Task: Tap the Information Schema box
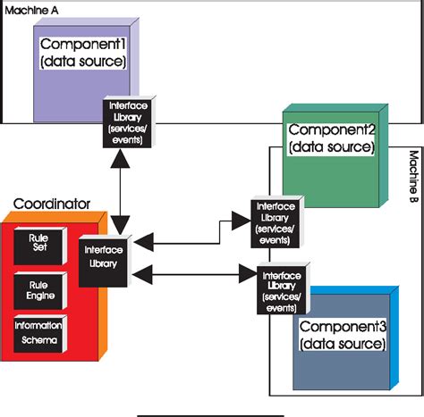tap(37, 331)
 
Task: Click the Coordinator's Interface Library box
tap(103, 262)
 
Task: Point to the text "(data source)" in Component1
tap(81, 61)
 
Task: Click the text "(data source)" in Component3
tap(344, 344)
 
